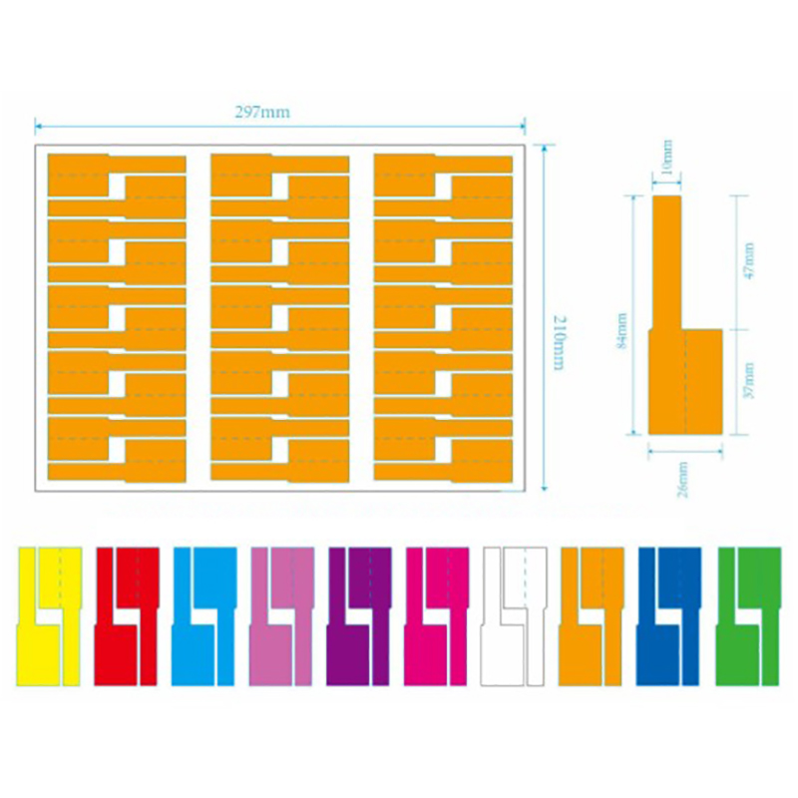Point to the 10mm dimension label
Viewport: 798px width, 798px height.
coord(667,156)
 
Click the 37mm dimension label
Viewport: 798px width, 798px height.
coord(749,381)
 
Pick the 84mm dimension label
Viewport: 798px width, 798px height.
coord(621,329)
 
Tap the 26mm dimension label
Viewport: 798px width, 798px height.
coord(684,480)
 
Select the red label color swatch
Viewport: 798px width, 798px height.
coord(127,615)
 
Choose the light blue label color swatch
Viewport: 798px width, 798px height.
coord(204,615)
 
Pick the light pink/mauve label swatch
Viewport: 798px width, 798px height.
coord(282,615)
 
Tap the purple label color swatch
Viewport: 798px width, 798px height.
coord(359,615)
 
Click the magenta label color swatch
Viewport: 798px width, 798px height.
coord(437,615)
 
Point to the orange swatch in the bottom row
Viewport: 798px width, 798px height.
coord(593,615)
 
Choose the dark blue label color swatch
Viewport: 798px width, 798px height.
coord(669,615)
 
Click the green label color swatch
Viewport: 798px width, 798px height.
coord(747,615)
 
